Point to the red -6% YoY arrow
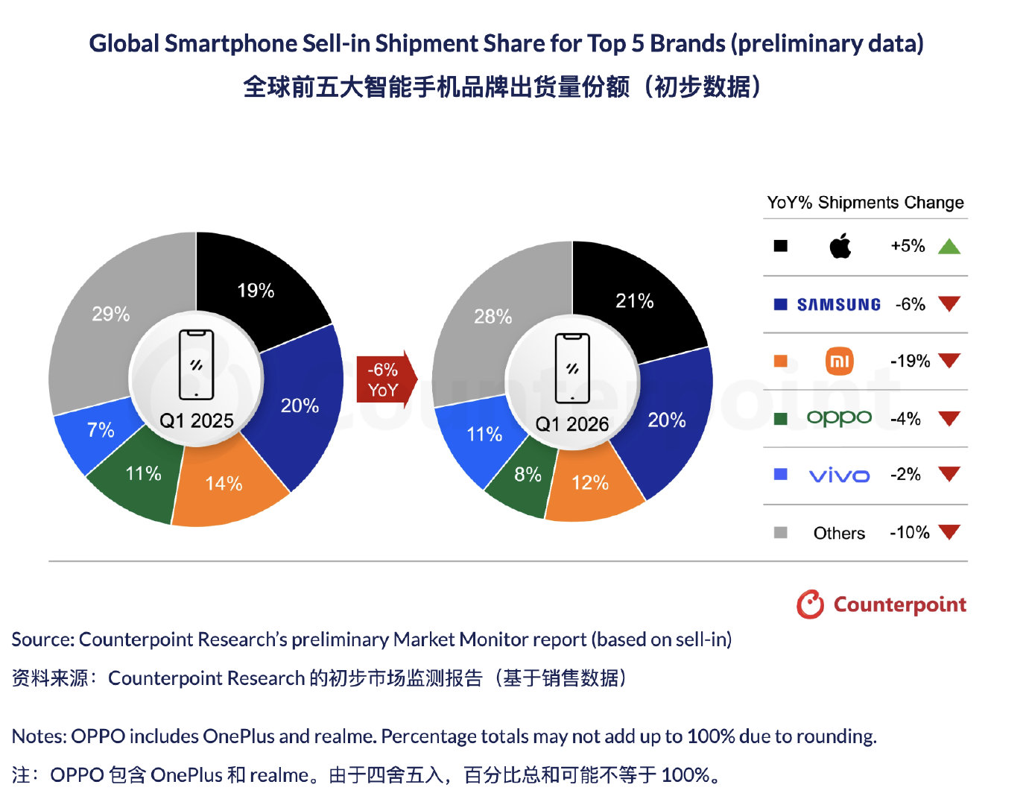385,379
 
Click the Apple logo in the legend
840,245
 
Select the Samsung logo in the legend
838,304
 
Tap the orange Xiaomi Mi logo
840,362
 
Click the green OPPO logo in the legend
839,418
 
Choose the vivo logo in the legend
839,475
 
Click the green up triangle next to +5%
949,246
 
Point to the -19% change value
910,362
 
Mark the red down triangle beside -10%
949,531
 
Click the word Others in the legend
839,533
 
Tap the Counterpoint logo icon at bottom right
810,604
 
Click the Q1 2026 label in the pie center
572,424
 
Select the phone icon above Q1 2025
196,364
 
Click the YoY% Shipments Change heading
865,203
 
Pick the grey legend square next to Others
780,532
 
